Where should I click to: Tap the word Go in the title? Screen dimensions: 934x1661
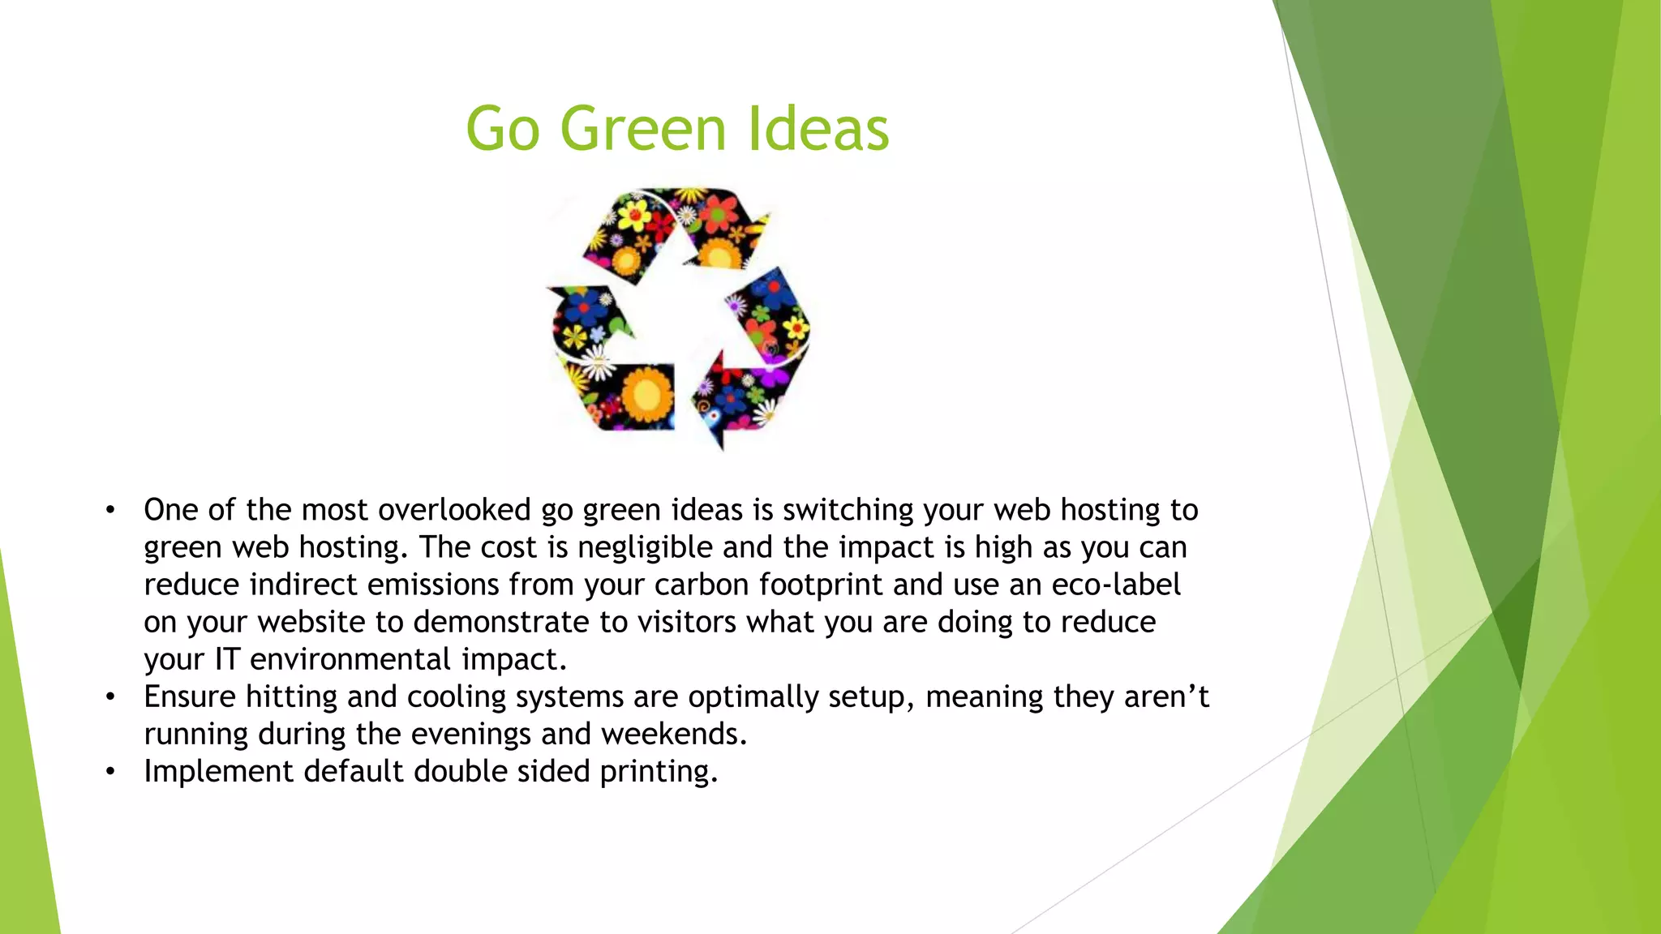point(503,130)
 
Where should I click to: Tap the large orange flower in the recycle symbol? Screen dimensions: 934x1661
point(646,395)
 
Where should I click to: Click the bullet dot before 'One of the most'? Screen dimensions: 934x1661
point(110,511)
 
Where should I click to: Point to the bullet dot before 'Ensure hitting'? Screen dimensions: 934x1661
point(110,697)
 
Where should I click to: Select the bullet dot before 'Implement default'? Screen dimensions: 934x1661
point(110,772)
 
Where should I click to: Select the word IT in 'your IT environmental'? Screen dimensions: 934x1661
point(227,659)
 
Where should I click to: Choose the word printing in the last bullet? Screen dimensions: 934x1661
point(658,772)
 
